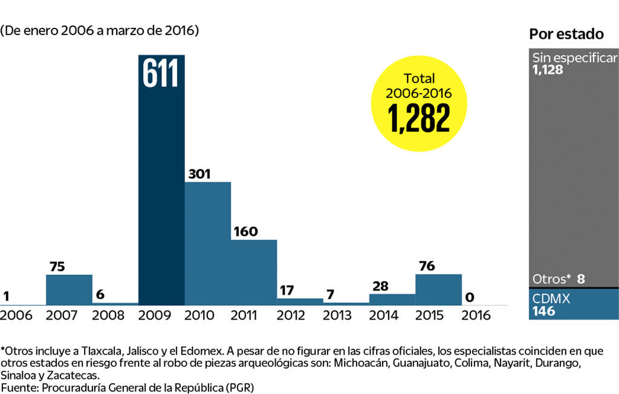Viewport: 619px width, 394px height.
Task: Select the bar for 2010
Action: point(207,243)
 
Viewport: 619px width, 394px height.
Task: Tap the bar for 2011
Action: point(254,272)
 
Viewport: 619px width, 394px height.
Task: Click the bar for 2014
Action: point(392,299)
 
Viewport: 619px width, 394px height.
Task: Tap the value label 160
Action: point(245,231)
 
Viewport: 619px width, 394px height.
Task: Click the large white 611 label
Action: point(161,74)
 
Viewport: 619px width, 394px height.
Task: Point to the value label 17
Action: point(287,290)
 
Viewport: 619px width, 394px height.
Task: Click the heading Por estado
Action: point(566,34)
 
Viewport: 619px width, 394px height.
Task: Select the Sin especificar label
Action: point(574,58)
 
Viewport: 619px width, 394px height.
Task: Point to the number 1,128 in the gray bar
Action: point(548,70)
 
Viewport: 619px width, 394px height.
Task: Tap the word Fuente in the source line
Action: point(18,387)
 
